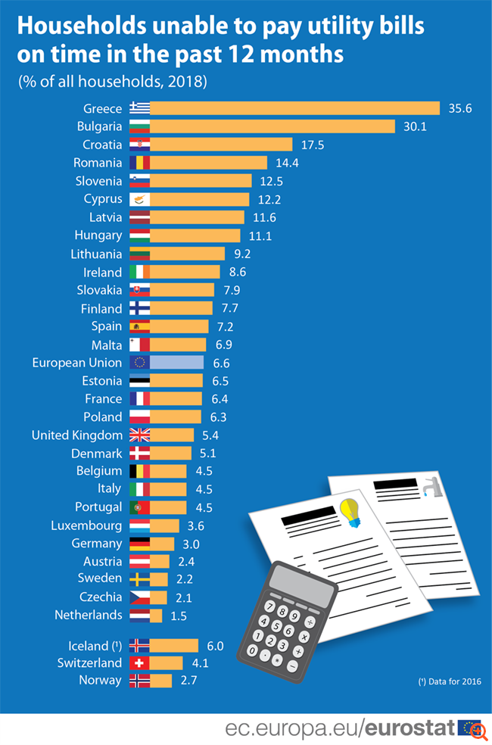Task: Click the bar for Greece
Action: [294, 108]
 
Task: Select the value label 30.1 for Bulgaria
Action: [416, 126]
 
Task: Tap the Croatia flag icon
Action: [140, 145]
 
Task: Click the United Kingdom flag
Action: [140, 435]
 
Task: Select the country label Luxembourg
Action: [86, 525]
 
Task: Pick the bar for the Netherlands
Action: [156, 616]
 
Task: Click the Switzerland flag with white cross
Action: [140, 663]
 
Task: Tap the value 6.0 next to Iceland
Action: [216, 646]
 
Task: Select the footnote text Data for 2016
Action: [450, 682]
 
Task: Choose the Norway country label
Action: [100, 681]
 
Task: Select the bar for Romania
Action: [209, 163]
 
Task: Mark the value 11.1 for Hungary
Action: [260, 235]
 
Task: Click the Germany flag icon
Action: [140, 544]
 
